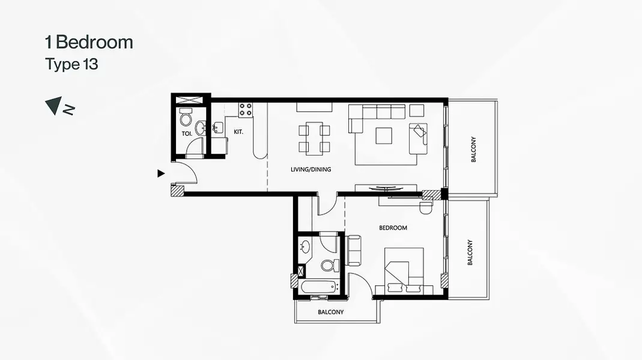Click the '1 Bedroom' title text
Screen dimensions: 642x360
click(x=89, y=42)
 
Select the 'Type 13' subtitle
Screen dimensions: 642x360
click(x=71, y=64)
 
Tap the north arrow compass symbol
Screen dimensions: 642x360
click(x=59, y=106)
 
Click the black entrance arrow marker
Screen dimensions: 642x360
click(x=161, y=174)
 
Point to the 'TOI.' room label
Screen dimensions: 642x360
click(x=187, y=133)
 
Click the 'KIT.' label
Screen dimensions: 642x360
click(x=238, y=132)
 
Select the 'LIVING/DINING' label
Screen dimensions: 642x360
click(x=310, y=169)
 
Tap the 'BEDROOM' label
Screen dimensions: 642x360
click(x=393, y=228)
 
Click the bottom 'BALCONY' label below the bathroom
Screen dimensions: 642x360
click(x=331, y=312)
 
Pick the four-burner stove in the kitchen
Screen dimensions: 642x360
click(x=246, y=109)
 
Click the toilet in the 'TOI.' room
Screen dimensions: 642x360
click(x=186, y=117)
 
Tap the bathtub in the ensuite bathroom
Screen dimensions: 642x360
click(x=319, y=287)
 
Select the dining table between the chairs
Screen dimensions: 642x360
click(x=314, y=138)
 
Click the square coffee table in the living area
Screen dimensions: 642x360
click(x=384, y=136)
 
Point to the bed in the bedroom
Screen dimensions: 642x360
click(x=404, y=270)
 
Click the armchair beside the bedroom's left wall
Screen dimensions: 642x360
click(x=353, y=250)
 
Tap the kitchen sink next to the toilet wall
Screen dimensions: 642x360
click(x=217, y=127)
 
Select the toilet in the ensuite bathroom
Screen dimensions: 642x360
click(x=330, y=266)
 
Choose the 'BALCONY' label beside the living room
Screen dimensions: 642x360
click(x=473, y=150)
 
